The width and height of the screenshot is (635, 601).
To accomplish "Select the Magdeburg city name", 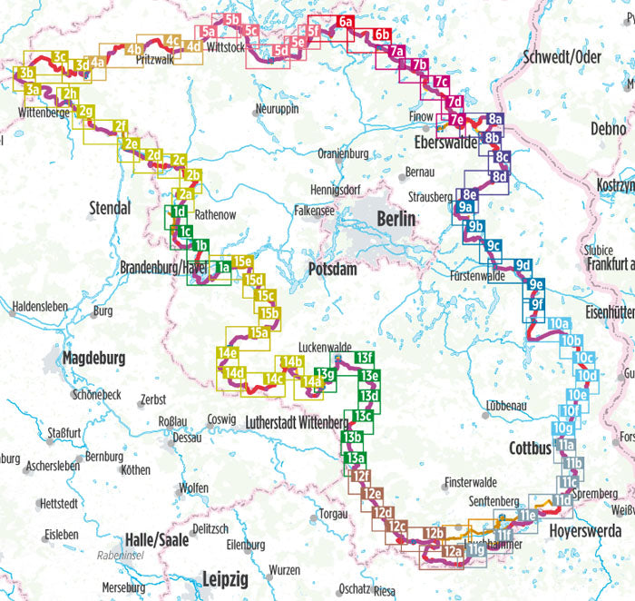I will (93, 359).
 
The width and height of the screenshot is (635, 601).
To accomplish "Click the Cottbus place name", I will (531, 448).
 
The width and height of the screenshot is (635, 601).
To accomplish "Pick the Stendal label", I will (110, 209).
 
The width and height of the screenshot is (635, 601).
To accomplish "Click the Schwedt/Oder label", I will (562, 57).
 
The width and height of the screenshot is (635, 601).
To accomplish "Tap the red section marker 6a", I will (346, 22).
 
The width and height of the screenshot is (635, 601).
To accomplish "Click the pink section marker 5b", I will (233, 19).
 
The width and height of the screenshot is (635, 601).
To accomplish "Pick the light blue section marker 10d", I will (587, 376).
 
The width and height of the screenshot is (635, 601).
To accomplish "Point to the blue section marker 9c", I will (493, 246).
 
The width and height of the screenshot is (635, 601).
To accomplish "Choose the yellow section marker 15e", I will (242, 262).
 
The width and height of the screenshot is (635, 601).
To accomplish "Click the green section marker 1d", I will (179, 213).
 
